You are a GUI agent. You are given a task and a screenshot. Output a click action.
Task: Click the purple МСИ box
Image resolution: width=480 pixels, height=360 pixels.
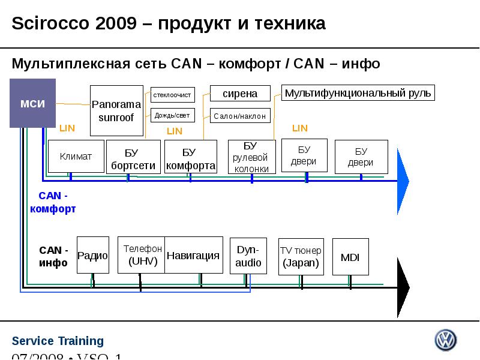(x=32, y=103)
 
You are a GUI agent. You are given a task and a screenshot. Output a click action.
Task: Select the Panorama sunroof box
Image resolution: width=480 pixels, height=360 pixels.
(x=116, y=111)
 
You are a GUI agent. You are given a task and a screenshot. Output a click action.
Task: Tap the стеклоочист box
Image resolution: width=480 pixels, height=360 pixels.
(x=172, y=95)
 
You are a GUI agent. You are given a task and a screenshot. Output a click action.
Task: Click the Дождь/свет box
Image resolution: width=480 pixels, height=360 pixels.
(x=172, y=115)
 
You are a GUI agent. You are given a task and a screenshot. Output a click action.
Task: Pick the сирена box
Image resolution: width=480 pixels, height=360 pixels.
(x=240, y=94)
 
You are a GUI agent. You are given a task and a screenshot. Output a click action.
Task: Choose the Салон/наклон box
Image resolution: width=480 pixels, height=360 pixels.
(x=240, y=116)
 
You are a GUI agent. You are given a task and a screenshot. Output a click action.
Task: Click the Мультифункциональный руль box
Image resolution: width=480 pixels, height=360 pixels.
(x=358, y=93)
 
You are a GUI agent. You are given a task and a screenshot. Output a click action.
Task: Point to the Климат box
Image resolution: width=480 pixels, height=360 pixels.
(x=76, y=157)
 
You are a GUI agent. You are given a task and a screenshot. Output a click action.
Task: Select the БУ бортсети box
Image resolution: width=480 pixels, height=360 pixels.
(x=133, y=157)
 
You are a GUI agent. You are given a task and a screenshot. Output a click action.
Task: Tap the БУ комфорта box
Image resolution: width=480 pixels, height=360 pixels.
(x=190, y=157)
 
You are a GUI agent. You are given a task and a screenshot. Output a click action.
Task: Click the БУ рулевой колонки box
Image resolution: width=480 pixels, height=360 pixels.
(x=252, y=157)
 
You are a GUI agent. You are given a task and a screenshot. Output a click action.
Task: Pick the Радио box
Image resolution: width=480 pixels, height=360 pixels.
(x=93, y=255)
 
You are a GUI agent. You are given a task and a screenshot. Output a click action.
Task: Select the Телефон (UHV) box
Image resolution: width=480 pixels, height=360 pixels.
(x=142, y=255)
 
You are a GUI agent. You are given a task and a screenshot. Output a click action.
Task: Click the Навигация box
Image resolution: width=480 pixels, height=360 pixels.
(x=194, y=255)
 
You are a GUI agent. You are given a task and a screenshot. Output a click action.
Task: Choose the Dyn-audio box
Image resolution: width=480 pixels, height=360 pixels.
(x=248, y=256)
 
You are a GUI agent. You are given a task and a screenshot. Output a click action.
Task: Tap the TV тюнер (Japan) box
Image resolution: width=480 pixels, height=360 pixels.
(x=301, y=256)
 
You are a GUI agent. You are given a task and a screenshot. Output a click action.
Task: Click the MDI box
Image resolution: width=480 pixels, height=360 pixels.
(x=350, y=257)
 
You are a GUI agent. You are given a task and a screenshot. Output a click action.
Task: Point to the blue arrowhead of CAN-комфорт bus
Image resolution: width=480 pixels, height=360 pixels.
(x=403, y=181)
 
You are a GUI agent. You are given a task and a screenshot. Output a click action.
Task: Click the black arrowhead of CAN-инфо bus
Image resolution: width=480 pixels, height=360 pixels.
(x=403, y=287)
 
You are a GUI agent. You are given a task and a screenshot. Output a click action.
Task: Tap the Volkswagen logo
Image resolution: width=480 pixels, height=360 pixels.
(x=445, y=340)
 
